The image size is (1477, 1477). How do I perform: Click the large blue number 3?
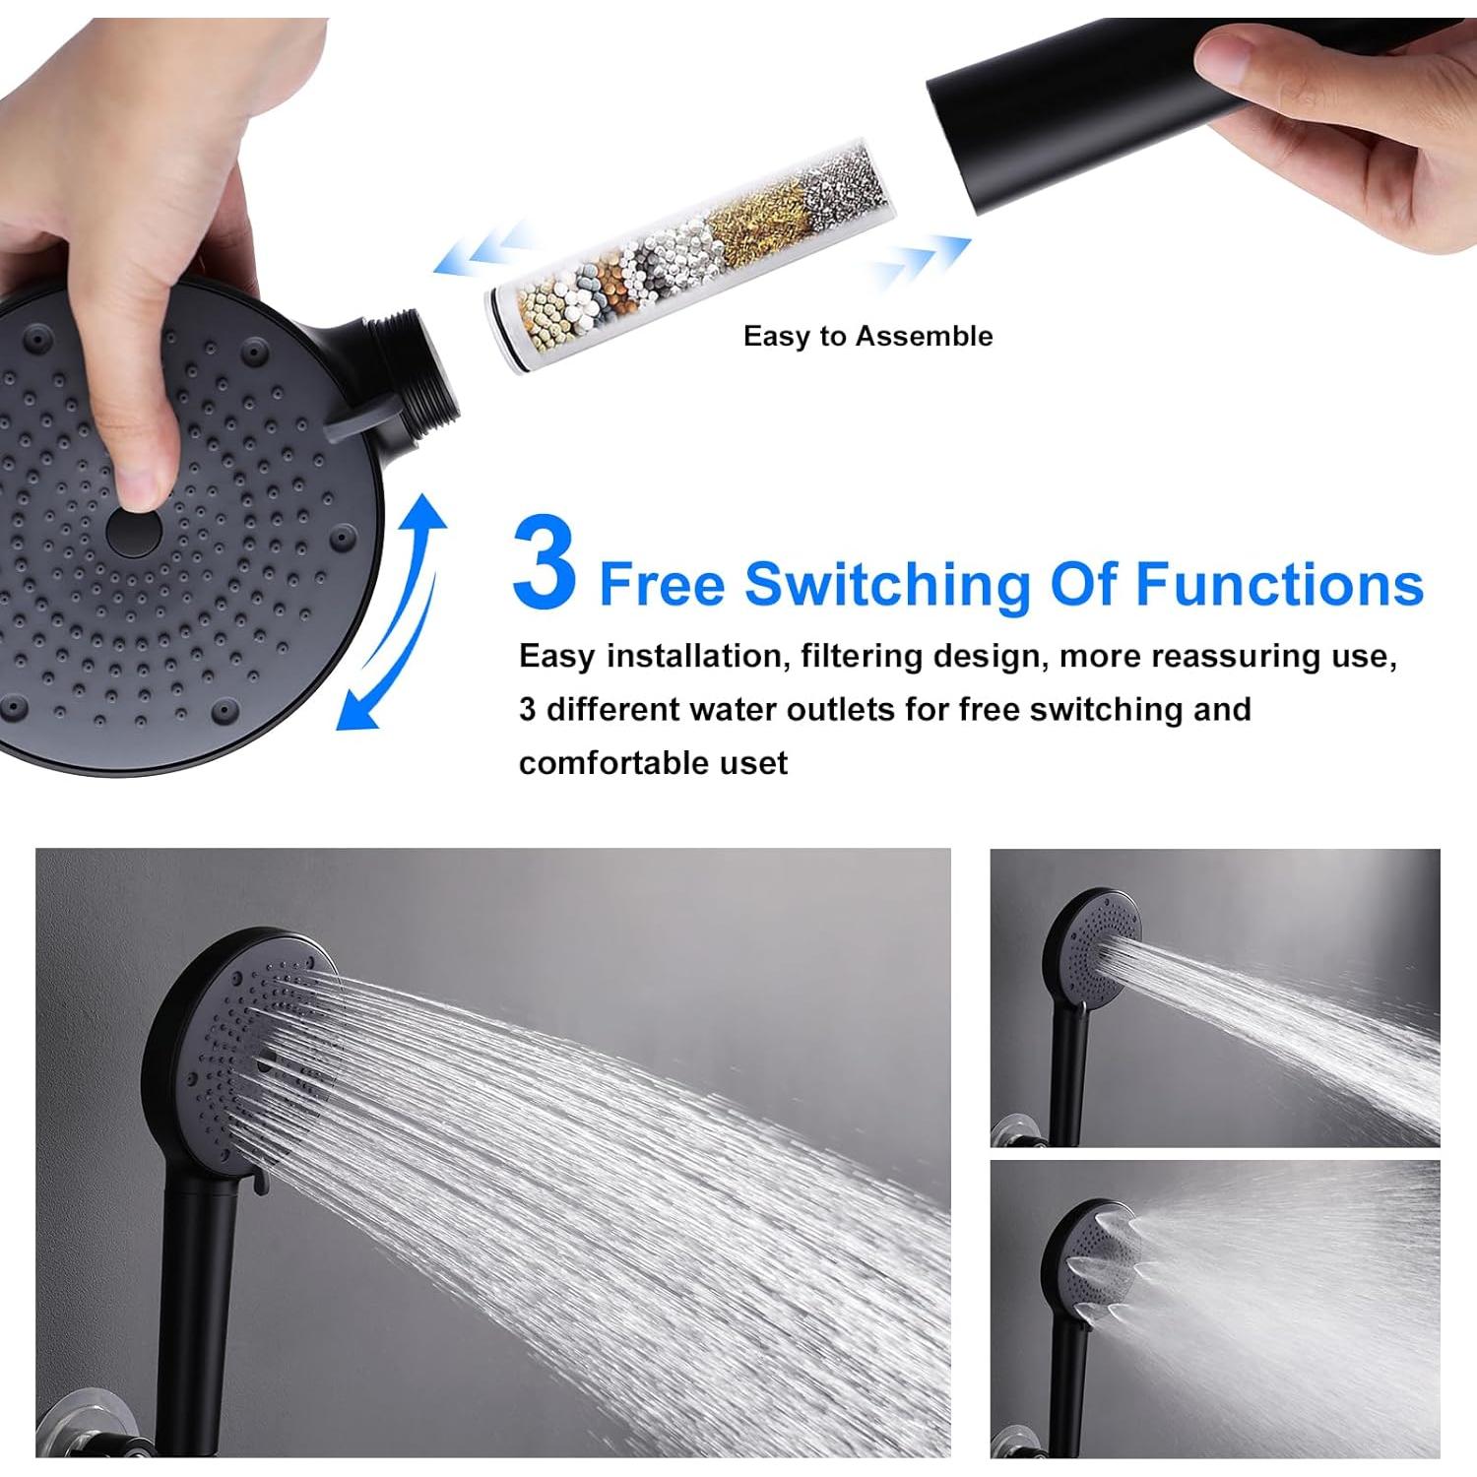click(544, 563)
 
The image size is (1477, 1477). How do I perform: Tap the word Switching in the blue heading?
click(887, 585)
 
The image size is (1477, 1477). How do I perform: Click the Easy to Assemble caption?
click(867, 337)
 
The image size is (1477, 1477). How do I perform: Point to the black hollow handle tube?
click(1063, 108)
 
